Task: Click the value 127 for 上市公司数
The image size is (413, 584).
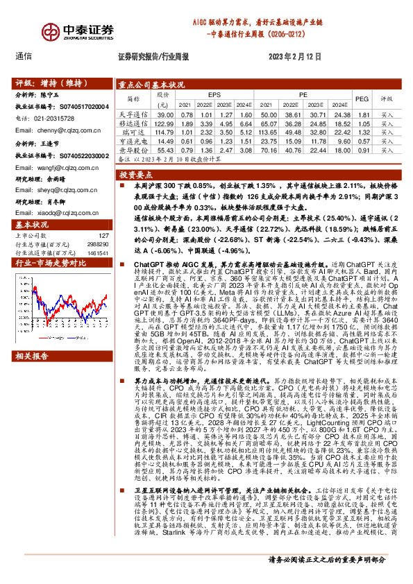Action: click(104, 237)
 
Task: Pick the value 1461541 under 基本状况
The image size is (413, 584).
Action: click(98, 254)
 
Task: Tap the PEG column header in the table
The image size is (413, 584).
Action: click(362, 99)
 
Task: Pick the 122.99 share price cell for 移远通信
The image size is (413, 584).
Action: click(165, 123)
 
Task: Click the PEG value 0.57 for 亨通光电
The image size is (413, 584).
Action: click(362, 140)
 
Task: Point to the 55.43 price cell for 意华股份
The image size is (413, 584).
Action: click(165, 149)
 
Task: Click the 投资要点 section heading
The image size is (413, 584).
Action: click(136, 175)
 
